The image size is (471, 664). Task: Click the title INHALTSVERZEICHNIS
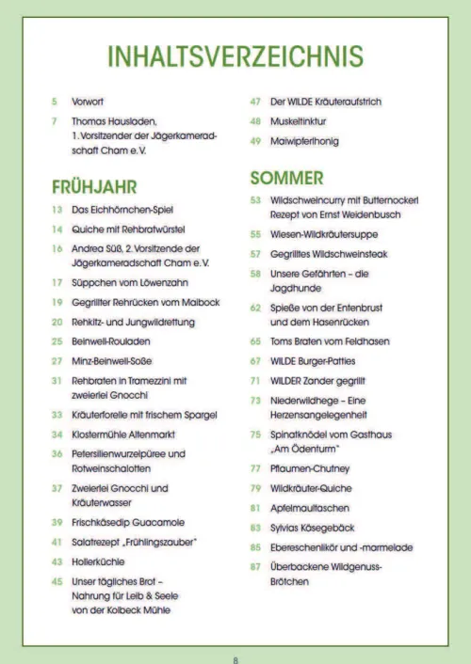(x=235, y=56)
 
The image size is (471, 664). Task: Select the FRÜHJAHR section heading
(x=95, y=186)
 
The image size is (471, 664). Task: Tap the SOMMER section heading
(x=287, y=177)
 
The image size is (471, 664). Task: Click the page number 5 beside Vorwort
(x=55, y=102)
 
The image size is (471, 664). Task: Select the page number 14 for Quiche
(x=57, y=229)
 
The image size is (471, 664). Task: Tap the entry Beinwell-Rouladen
(x=110, y=340)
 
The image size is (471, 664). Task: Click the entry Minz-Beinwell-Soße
(x=113, y=360)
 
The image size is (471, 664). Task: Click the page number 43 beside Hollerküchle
(x=57, y=561)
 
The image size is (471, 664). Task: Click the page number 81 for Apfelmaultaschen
(x=254, y=507)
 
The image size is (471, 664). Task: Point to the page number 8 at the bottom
(x=235, y=658)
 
